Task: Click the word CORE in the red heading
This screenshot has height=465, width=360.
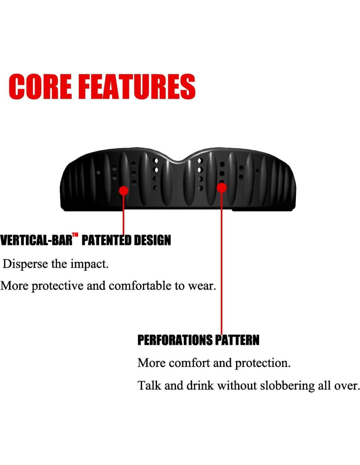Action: click(40, 86)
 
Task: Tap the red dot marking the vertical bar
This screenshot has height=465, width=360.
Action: click(123, 190)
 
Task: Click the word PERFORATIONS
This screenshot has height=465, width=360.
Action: click(175, 340)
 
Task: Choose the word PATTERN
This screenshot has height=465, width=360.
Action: click(237, 340)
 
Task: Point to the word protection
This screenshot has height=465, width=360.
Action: click(262, 364)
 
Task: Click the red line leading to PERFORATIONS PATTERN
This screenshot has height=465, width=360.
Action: click(222, 264)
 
